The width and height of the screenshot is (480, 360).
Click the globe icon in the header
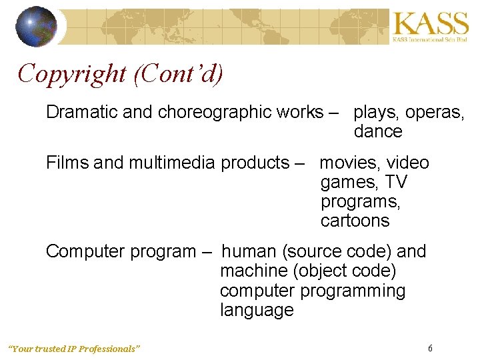pos(37,26)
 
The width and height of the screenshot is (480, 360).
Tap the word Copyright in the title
pos(73,73)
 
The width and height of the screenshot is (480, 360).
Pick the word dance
pos(378,131)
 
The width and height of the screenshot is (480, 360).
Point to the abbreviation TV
pos(397,182)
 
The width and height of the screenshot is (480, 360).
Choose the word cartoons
pos(355,221)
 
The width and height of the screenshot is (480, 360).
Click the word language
pos(257,310)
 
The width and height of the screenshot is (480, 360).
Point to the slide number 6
pos(430,348)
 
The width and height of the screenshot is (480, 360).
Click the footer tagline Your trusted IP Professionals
pos(74,349)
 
